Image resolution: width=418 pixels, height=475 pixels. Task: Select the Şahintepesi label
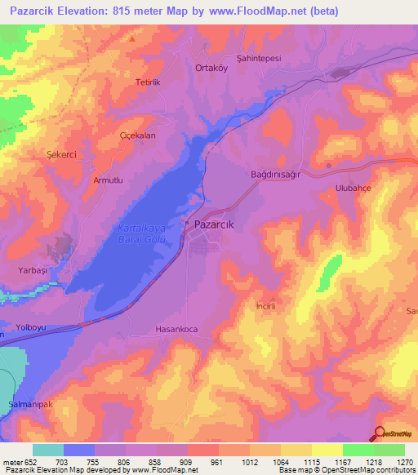point(258,57)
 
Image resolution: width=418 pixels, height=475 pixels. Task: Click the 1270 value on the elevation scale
point(402,461)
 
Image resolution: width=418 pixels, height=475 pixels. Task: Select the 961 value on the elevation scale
point(216,461)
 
